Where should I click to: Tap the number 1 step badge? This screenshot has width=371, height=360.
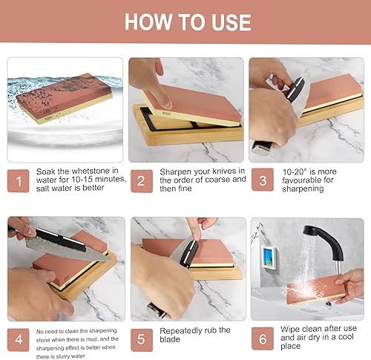point(19,181)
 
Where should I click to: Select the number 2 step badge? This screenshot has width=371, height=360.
point(142,181)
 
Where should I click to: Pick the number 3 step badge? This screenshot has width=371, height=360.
point(263,180)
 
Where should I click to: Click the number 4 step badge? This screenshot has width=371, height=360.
point(19,340)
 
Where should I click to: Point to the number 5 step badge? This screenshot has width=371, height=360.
point(142,340)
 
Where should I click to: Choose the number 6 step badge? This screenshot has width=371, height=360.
point(263,338)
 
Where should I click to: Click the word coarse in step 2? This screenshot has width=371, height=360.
point(217,180)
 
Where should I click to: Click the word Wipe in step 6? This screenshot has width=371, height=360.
point(290,329)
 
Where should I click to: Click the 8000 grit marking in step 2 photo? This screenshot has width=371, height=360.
point(166,114)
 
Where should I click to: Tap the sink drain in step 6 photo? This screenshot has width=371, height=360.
point(328,304)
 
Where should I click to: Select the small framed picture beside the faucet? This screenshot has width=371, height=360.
point(269,258)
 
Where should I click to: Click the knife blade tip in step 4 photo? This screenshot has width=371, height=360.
point(110,260)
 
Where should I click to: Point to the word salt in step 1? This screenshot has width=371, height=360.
point(43,188)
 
